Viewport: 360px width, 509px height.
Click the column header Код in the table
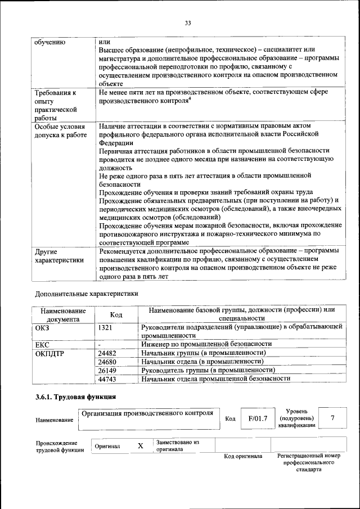[x=116, y=315]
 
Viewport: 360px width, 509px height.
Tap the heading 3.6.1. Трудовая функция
[x=76, y=397]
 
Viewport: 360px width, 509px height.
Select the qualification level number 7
[x=332, y=418]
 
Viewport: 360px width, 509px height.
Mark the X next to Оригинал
[x=141, y=445]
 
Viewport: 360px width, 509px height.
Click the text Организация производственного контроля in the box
[x=147, y=413]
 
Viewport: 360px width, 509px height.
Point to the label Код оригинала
[x=243, y=456]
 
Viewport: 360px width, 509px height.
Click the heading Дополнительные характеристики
[x=86, y=293]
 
